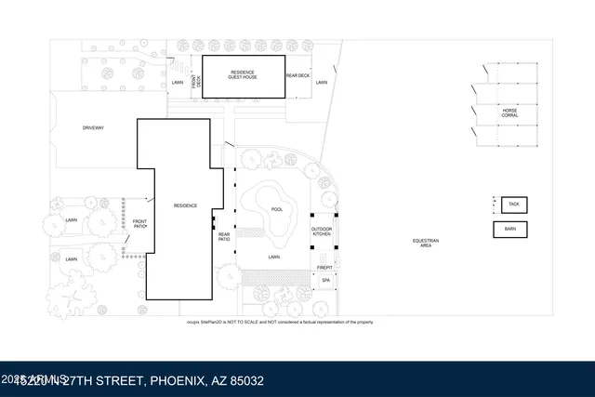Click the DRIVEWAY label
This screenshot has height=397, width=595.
pyautogui.click(x=94, y=126)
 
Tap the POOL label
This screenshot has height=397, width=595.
pyautogui.click(x=276, y=209)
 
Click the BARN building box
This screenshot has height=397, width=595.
pyautogui.click(x=510, y=229)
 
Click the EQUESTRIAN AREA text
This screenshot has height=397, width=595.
pyautogui.click(x=426, y=244)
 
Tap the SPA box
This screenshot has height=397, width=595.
pyautogui.click(x=326, y=280)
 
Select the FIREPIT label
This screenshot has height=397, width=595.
pyautogui.click(x=325, y=266)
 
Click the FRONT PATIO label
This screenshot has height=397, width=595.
pyautogui.click(x=139, y=224)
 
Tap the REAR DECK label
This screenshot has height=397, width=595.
pyautogui.click(x=297, y=75)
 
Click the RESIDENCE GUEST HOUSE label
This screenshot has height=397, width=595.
pyautogui.click(x=244, y=74)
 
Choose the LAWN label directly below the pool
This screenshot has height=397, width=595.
pyautogui.click(x=274, y=256)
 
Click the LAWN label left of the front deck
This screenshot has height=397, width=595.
pyautogui.click(x=178, y=83)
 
